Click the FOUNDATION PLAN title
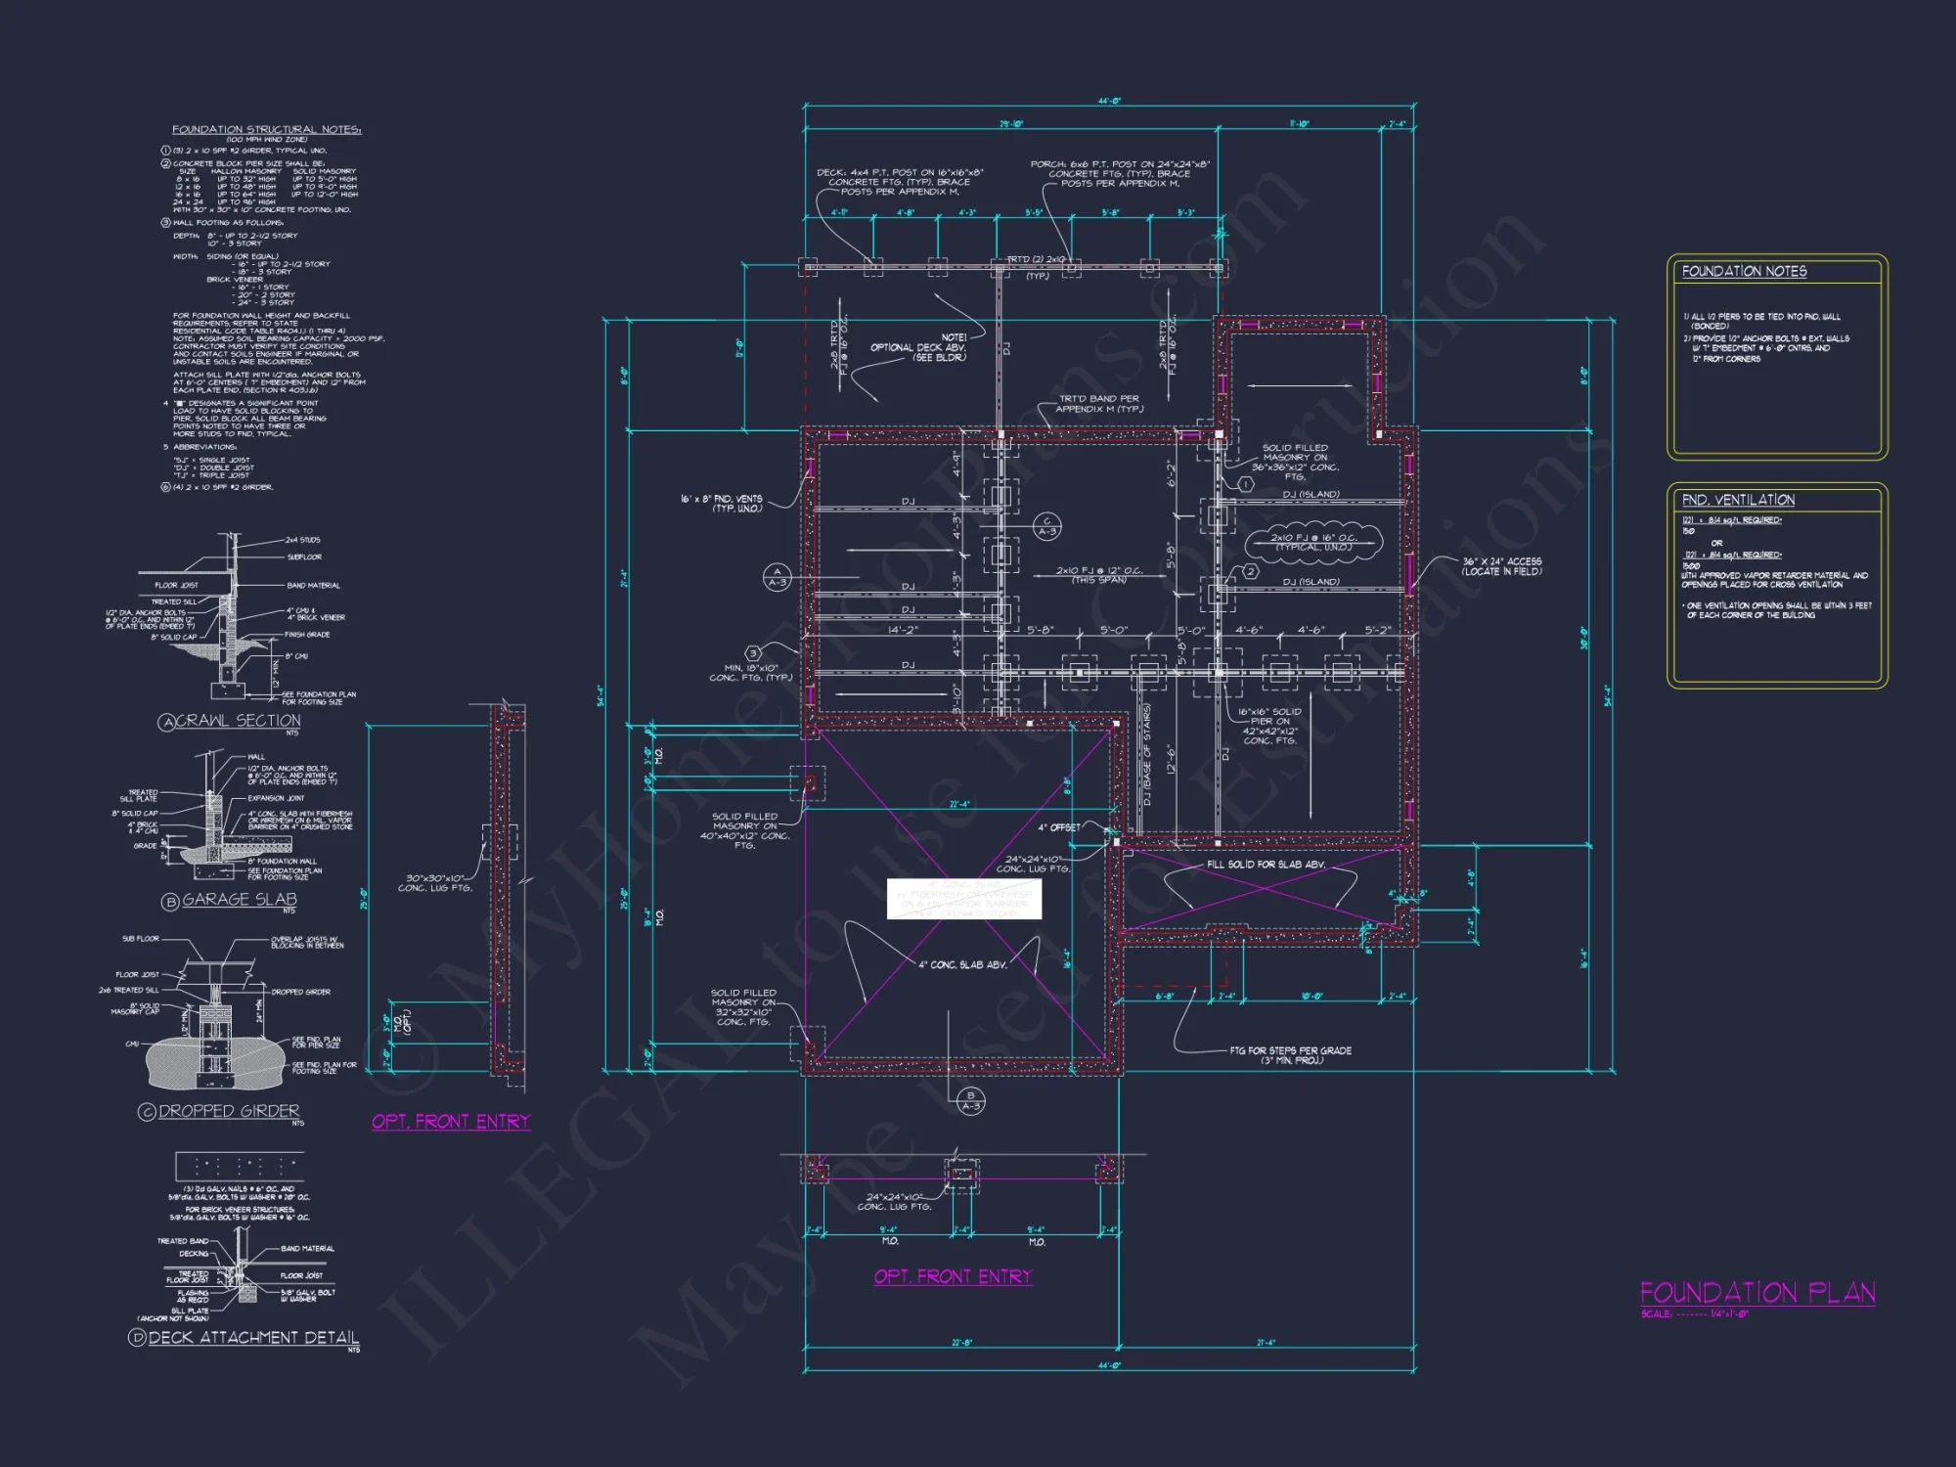click(1757, 1293)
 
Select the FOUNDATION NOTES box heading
click(1744, 272)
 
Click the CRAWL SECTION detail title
click(238, 721)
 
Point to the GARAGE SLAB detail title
click(239, 900)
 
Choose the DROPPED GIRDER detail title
click(229, 1111)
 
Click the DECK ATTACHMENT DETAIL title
click(253, 1337)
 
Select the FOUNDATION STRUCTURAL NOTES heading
click(267, 129)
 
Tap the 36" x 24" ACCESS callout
click(1501, 566)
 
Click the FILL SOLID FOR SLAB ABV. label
click(1266, 865)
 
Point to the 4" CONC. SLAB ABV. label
click(962, 964)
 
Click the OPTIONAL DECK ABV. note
click(917, 348)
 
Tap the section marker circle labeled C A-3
click(1046, 526)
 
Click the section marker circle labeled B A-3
click(970, 1100)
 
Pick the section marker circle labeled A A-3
click(777, 577)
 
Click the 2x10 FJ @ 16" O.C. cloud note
click(1312, 542)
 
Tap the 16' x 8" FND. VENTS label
click(722, 503)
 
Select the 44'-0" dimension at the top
click(1109, 101)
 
